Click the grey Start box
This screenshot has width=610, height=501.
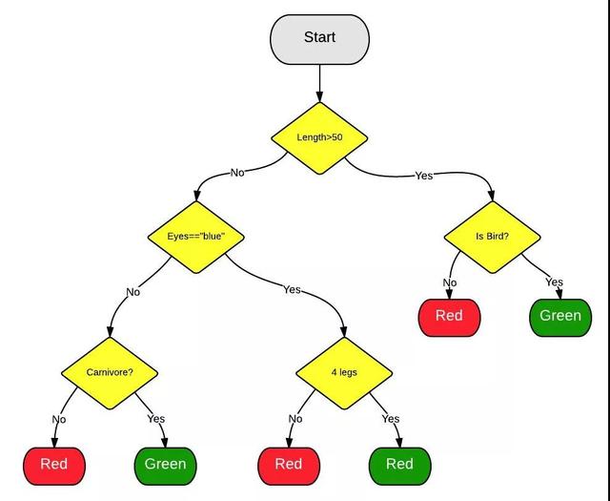320,39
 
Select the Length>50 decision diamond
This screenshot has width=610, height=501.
319,138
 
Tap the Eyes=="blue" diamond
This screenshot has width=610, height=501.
196,237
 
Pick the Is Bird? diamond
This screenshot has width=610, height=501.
493,237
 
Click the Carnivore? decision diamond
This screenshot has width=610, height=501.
110,373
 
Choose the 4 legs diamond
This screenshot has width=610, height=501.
344,373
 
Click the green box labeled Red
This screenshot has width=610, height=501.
400,466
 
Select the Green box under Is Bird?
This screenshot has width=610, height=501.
560,318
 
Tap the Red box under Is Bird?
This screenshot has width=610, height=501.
449,318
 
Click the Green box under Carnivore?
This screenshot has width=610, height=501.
165,466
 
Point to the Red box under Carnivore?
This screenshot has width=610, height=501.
54,466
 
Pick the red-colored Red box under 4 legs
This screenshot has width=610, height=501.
289,466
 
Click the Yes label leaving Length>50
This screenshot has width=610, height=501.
423,176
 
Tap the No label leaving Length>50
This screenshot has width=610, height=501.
237,173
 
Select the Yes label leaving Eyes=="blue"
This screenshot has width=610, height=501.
292,289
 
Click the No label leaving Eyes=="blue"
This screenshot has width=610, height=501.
133,292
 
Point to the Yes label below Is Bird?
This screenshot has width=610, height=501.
554,282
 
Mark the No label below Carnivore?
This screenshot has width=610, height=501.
59,419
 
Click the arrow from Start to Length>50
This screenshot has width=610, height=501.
320,83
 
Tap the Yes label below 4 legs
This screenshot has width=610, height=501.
391,419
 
